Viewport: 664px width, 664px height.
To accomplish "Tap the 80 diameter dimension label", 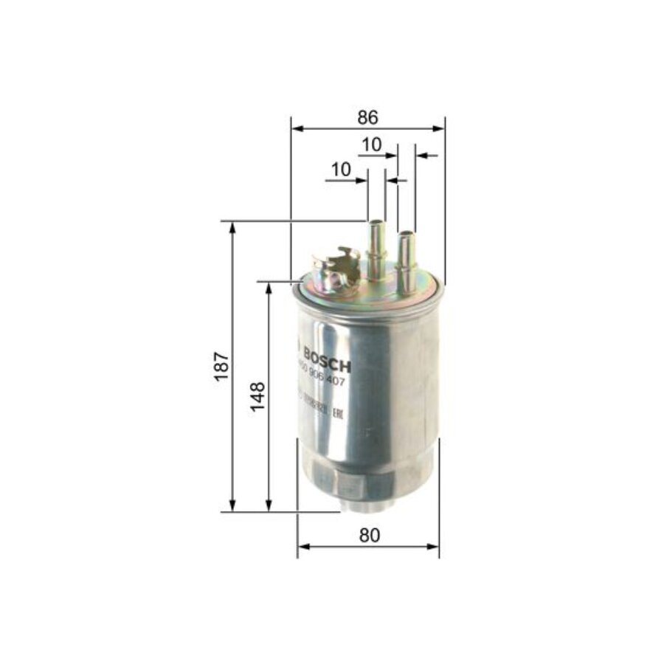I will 370,536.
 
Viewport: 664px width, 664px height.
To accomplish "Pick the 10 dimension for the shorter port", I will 371,145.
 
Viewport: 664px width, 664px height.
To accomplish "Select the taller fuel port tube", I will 376,247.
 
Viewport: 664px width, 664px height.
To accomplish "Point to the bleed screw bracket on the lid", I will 334,269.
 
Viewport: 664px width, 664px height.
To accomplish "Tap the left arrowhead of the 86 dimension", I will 296,128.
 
